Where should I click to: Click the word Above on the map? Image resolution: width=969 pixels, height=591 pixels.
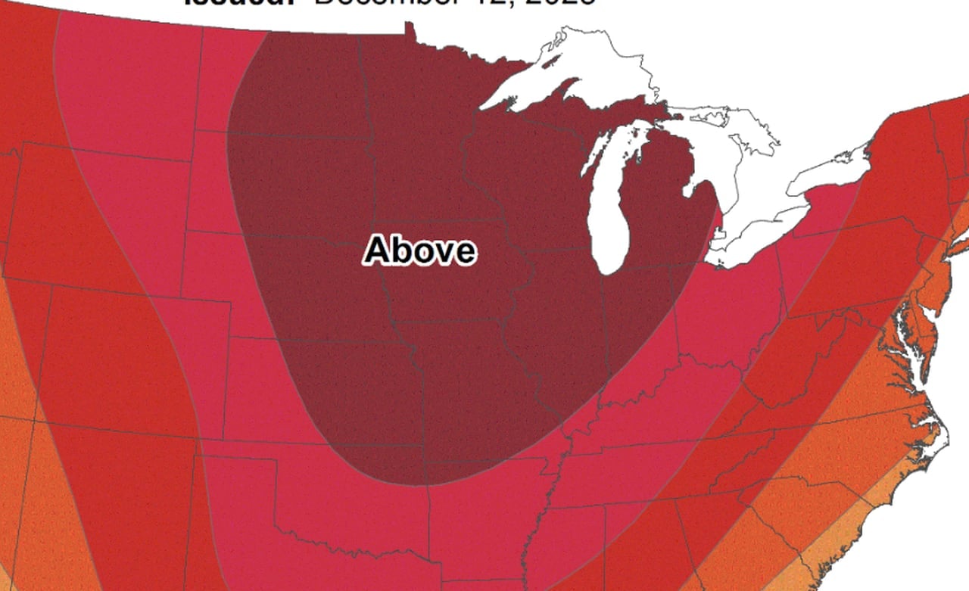[420, 250]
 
